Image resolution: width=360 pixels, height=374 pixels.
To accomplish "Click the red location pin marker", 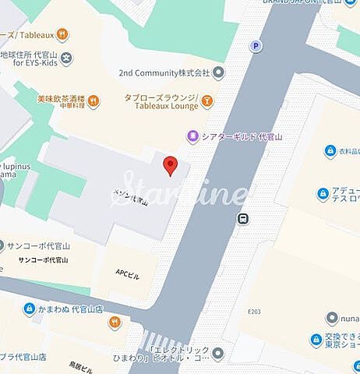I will point(171,165).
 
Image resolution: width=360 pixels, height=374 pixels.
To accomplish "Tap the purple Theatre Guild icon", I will point(192,136).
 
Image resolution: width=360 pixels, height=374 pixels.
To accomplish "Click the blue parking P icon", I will point(255,46).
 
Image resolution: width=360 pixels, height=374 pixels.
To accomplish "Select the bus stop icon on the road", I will point(244,219).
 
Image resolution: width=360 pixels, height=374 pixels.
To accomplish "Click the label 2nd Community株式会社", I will point(164,72).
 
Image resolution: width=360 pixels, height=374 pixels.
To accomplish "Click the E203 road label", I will point(253,312).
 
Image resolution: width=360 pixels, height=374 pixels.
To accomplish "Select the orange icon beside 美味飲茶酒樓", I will point(94,99).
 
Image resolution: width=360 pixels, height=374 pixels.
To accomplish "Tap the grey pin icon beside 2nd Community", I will point(219,72).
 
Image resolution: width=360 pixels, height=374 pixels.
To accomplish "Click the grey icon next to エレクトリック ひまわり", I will point(218,353).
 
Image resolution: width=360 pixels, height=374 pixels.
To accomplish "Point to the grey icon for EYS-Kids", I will point(67,57).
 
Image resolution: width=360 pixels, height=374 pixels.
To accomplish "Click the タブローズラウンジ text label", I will point(161,98).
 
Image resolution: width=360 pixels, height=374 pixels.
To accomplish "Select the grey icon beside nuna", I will point(332,318).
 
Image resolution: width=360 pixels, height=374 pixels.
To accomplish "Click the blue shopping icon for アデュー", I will point(323,193).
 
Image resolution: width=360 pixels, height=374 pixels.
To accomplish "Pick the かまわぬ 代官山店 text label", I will point(72,309).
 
